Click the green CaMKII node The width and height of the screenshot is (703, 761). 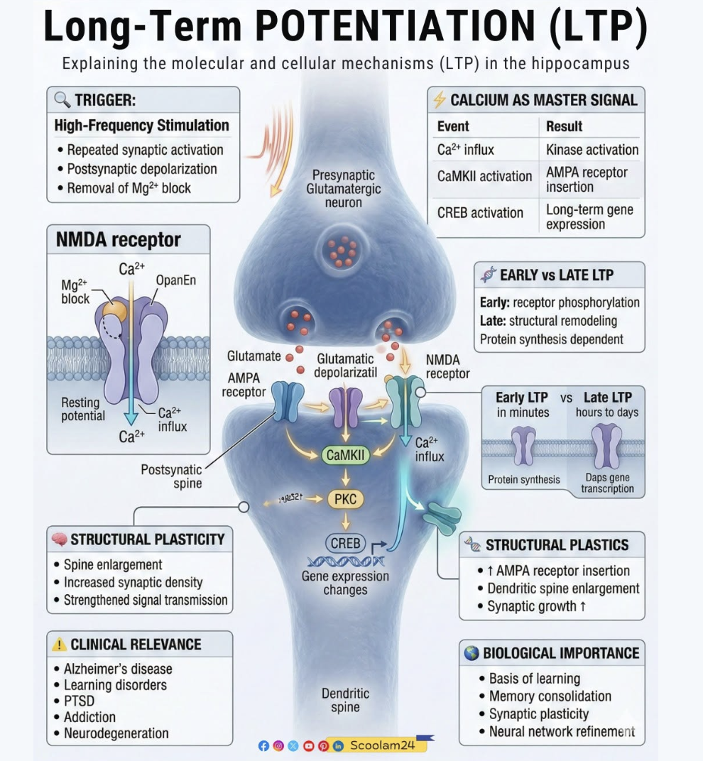[x=346, y=455]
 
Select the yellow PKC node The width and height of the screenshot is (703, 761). [x=346, y=499]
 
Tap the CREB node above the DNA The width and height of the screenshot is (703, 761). [x=345, y=543]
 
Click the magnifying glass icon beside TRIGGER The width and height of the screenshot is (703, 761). [x=62, y=100]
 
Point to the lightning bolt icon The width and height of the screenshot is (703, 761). [x=440, y=99]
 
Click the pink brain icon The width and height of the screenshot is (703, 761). [x=59, y=540]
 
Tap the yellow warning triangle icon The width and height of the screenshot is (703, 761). [x=59, y=645]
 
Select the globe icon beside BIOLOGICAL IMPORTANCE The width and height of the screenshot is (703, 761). [x=471, y=653]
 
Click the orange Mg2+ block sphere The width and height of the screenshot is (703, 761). [x=115, y=310]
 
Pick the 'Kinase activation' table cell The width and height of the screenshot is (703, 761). [x=592, y=150]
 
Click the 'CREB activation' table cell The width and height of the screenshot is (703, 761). [x=480, y=212]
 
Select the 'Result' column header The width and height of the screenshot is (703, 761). [x=564, y=126]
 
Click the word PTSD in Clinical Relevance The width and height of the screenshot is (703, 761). [x=79, y=701]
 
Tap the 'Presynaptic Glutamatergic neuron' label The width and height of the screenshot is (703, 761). [x=343, y=189]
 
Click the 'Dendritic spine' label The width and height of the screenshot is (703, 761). [x=345, y=700]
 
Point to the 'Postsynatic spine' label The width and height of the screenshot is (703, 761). [x=171, y=476]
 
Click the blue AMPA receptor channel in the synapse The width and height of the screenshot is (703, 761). [x=288, y=401]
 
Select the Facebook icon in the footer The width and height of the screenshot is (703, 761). [x=263, y=746]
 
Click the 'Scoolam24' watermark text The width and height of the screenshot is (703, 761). [x=383, y=745]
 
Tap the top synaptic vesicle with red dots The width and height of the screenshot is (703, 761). [x=343, y=251]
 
